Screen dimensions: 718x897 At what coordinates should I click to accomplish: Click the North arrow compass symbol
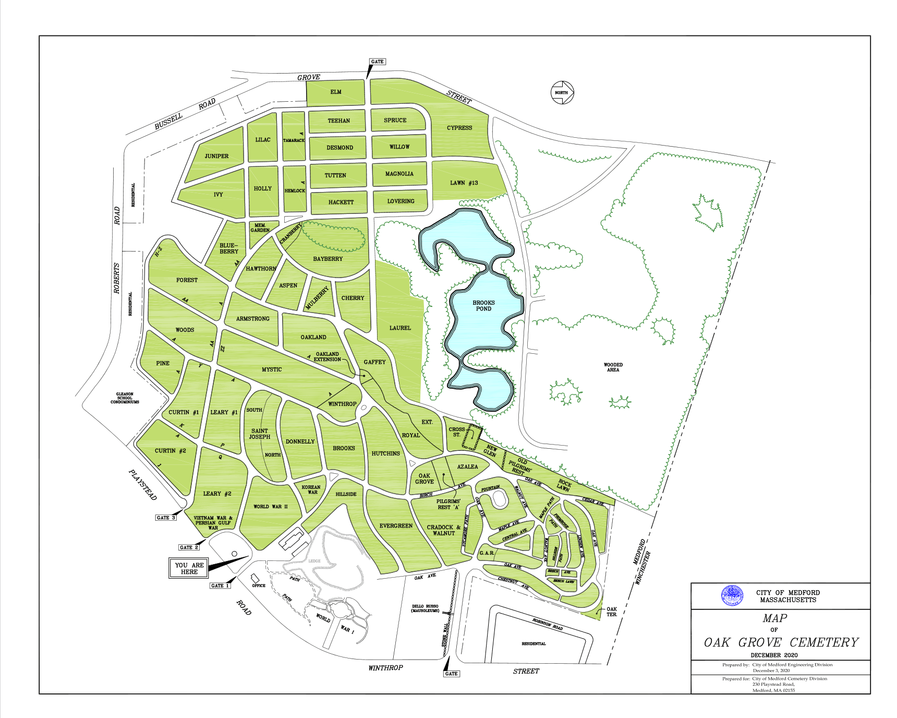click(562, 93)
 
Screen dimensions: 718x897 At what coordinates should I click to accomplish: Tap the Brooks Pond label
click(483, 306)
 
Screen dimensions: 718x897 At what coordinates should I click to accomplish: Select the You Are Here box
click(189, 568)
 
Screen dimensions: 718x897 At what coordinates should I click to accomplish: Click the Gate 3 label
click(166, 518)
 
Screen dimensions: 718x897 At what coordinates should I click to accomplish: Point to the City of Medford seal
click(732, 595)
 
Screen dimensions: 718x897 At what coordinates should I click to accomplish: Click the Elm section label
click(336, 92)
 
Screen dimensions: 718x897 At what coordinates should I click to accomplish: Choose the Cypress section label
click(459, 128)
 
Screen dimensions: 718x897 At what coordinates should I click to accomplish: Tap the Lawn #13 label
click(464, 183)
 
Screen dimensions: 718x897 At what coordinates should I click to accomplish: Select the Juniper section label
click(216, 156)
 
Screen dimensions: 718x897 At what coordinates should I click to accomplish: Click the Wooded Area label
click(613, 367)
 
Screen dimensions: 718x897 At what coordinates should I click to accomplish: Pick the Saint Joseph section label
click(260, 434)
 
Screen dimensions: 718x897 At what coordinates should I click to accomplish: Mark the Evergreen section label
click(396, 526)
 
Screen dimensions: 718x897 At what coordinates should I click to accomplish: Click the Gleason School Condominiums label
click(125, 398)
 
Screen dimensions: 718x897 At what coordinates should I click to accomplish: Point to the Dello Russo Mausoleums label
click(425, 608)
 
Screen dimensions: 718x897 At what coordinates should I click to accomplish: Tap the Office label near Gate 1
click(259, 585)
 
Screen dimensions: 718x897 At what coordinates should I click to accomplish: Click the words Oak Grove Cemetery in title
click(781, 642)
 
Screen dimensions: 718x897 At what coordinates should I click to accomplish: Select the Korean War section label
click(311, 489)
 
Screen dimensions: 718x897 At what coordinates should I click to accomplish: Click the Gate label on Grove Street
click(377, 62)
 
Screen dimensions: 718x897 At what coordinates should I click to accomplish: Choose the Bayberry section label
click(328, 259)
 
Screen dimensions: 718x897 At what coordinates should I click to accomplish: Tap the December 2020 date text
click(774, 655)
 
